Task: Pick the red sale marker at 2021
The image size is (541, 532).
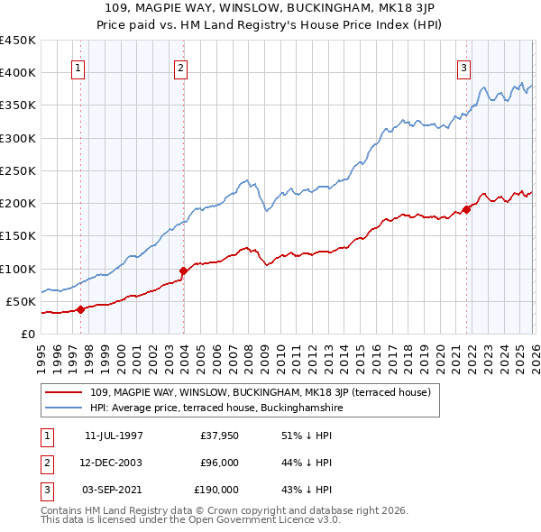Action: point(467,209)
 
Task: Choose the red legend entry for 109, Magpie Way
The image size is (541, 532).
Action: point(261,392)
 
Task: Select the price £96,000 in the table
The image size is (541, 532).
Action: point(219,463)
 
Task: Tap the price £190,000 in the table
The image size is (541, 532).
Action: point(216,490)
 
